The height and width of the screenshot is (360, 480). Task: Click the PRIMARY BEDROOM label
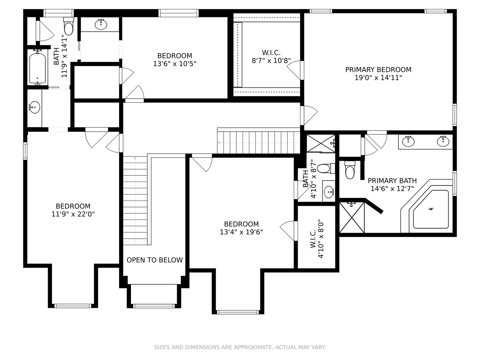pyautogui.click(x=378, y=70)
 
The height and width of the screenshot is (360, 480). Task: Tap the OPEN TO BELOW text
pyautogui.click(x=155, y=260)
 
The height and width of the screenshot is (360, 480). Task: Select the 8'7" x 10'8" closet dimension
pyautogui.click(x=271, y=61)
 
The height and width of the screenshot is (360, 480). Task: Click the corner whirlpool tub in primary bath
pyautogui.click(x=431, y=209)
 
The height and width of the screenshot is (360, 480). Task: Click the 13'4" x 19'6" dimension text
pyautogui.click(x=241, y=232)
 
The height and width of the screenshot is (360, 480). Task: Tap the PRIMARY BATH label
pyautogui.click(x=392, y=181)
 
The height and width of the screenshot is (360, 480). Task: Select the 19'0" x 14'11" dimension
pyautogui.click(x=378, y=78)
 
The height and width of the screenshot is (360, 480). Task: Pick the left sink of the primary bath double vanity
pyautogui.click(x=408, y=141)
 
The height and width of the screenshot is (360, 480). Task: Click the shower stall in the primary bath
pyautogui.click(x=352, y=217)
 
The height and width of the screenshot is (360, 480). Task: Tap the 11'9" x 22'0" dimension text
pyautogui.click(x=73, y=214)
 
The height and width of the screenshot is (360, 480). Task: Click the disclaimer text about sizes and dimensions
pyautogui.click(x=240, y=347)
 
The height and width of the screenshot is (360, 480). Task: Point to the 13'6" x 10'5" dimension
pyautogui.click(x=175, y=64)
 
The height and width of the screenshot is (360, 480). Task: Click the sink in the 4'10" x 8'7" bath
pyautogui.click(x=329, y=192)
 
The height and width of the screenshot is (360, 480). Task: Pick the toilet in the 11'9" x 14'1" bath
pyautogui.click(x=68, y=27)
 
